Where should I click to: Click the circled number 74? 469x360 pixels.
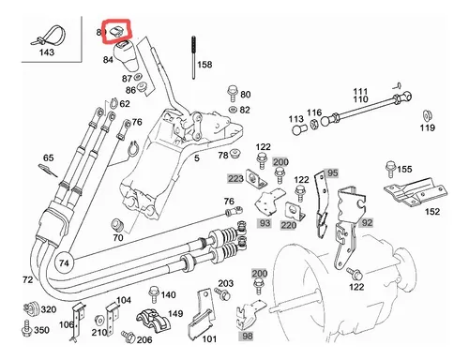click(64, 262)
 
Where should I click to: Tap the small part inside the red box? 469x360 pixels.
click(116, 31)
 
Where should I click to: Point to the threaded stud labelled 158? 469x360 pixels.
click(193, 58)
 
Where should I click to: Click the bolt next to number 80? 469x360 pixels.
click(233, 93)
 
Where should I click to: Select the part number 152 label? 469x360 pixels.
click(432, 212)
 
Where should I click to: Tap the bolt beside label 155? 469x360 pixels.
click(391, 170)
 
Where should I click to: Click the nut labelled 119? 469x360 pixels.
click(426, 115)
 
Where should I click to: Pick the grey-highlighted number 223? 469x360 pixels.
click(235, 178)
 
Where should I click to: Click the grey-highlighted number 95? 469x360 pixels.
click(332, 173)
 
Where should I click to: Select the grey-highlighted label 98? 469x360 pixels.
click(247, 336)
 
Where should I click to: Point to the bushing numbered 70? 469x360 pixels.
click(118, 225)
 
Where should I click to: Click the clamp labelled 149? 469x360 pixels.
click(153, 320)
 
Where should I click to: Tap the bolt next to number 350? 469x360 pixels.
click(27, 329)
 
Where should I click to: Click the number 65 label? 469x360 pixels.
click(48, 157)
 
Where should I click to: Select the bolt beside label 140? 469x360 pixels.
click(154, 294)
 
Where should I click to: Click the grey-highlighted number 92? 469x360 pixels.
click(368, 222)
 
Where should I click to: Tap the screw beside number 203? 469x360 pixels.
click(222, 293)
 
